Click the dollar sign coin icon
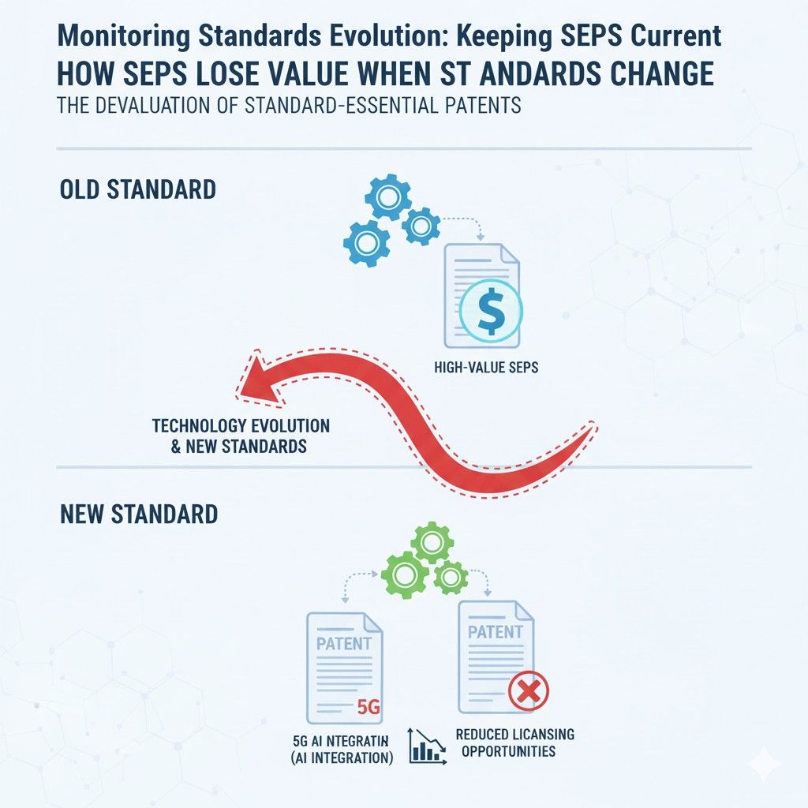[490, 311]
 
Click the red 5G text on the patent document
[368, 706]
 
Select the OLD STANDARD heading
[138, 190]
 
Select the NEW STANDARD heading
[138, 514]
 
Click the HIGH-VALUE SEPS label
[486, 367]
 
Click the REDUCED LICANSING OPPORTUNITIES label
[514, 743]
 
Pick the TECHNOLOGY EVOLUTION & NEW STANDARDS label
[241, 436]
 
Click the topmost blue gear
[387, 198]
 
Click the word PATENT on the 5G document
[343, 642]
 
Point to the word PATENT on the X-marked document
[495, 632]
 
